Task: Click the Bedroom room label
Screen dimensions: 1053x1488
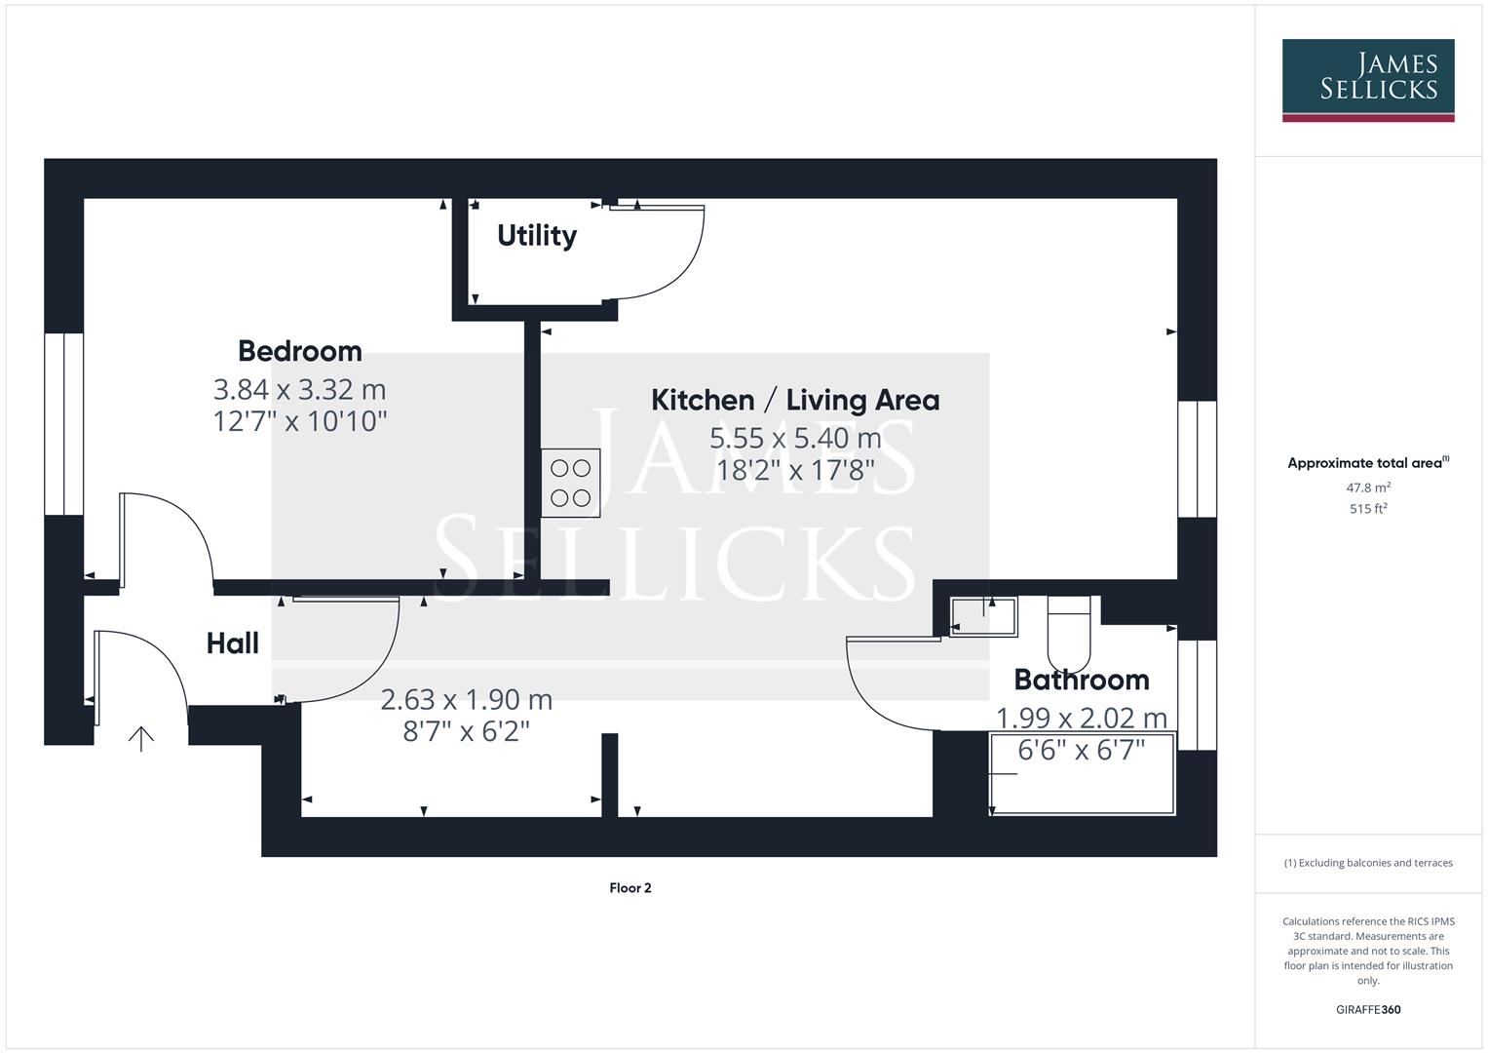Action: pyautogui.click(x=299, y=351)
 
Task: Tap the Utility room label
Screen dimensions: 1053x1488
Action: pyautogui.click(x=536, y=235)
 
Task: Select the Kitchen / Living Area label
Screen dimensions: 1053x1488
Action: pyautogui.click(x=794, y=400)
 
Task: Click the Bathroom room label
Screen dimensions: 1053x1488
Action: pyautogui.click(x=1081, y=680)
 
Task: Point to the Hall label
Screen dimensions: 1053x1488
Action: pyautogui.click(x=232, y=643)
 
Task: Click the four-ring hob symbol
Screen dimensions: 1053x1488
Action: pyautogui.click(x=570, y=483)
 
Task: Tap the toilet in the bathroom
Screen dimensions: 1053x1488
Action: pyautogui.click(x=1068, y=629)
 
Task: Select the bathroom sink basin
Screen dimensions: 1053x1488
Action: pyautogui.click(x=984, y=616)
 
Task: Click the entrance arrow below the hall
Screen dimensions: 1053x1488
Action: pyautogui.click(x=141, y=738)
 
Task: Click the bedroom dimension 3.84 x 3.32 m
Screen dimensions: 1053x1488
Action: pyautogui.click(x=299, y=389)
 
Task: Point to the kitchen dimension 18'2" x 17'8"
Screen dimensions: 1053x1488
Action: pyautogui.click(x=794, y=471)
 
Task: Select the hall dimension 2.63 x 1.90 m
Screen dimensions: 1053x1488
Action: pyautogui.click(x=466, y=700)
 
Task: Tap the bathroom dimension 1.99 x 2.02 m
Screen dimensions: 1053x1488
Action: pyautogui.click(x=1081, y=719)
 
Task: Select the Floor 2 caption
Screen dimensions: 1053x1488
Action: pyautogui.click(x=630, y=888)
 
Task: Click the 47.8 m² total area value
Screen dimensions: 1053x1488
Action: pyautogui.click(x=1367, y=487)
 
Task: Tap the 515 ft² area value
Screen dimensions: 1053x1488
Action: pyautogui.click(x=1367, y=509)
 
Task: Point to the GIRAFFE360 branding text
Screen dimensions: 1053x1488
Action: pyautogui.click(x=1367, y=1010)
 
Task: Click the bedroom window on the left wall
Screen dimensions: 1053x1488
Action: pyautogui.click(x=63, y=424)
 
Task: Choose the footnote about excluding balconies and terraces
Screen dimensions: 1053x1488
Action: pyautogui.click(x=1367, y=863)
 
